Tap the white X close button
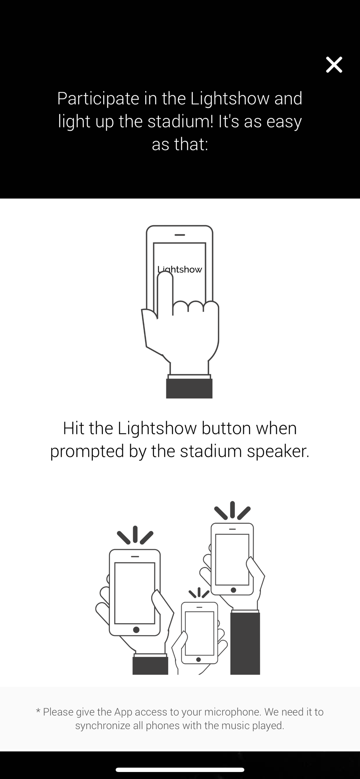click(x=334, y=65)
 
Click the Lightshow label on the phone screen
click(x=180, y=270)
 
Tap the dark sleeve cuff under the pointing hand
click(x=189, y=388)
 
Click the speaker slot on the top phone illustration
click(x=180, y=235)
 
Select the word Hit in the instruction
click(x=74, y=428)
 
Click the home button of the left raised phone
click(x=136, y=630)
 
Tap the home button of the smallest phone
click(x=199, y=659)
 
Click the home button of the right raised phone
click(x=233, y=590)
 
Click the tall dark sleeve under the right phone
click(x=245, y=643)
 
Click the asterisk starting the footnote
click(x=38, y=711)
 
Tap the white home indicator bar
click(x=180, y=770)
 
